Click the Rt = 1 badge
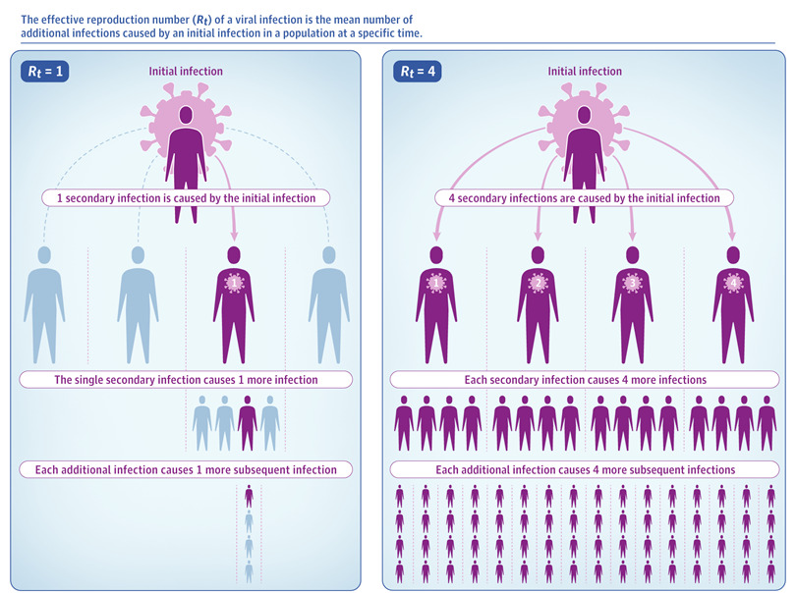pos(44,71)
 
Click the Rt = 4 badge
pos(418,71)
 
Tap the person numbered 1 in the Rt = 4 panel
pos(435,304)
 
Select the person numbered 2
pos(537,304)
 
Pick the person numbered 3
pos(632,304)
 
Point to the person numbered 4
pos(732,304)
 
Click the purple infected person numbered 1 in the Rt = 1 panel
pos(234,304)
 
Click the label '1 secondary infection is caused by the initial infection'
pos(186,197)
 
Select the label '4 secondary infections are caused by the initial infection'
pos(578,197)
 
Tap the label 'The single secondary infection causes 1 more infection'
pos(186,379)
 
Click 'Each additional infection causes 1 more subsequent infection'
pos(186,469)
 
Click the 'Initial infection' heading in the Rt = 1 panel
pos(186,72)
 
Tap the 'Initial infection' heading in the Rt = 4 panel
pos(585,72)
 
